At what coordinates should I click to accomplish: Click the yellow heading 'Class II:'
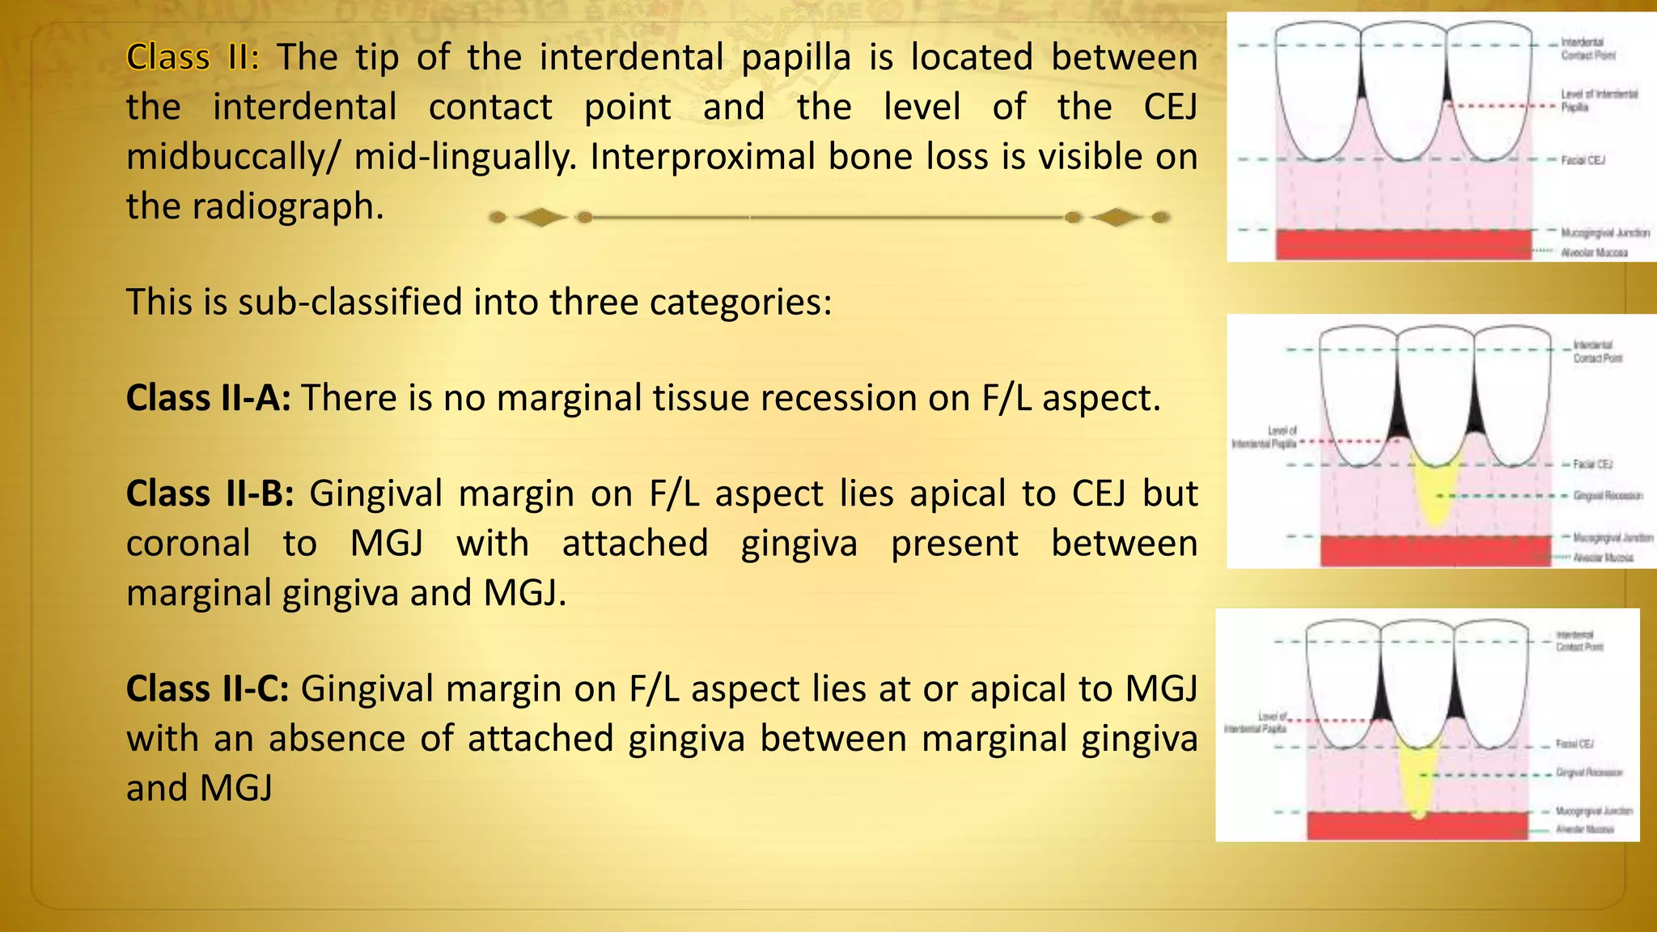[x=193, y=57]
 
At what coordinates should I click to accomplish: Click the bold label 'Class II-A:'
[x=208, y=398]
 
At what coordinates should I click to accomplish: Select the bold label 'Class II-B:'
[x=210, y=494]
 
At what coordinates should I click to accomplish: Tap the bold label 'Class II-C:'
[x=207, y=689]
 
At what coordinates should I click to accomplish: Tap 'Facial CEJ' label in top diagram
[x=1583, y=160]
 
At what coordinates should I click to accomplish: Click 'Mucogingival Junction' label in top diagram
[x=1605, y=233]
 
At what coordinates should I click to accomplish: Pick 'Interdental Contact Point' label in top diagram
[x=1587, y=49]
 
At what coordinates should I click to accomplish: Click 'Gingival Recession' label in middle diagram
[x=1608, y=495]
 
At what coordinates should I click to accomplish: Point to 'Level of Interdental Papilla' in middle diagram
[x=1265, y=438]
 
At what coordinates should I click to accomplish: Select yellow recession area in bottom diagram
[x=1417, y=781]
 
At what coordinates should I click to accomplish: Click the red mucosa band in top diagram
[x=1404, y=244]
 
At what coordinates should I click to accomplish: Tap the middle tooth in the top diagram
[x=1403, y=89]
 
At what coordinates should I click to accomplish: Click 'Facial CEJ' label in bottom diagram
[x=1574, y=743]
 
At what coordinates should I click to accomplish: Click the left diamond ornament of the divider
[x=540, y=217]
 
